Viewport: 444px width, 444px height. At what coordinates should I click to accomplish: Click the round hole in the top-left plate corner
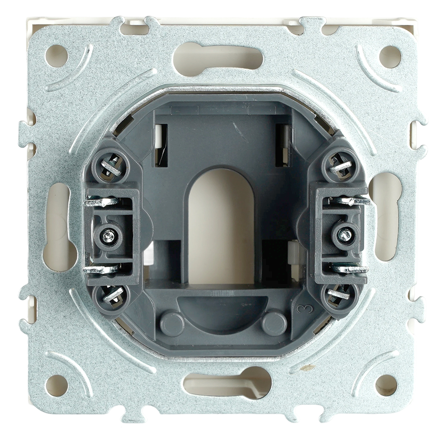[57, 56]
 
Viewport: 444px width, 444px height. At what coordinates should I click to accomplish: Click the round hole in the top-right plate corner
[390, 56]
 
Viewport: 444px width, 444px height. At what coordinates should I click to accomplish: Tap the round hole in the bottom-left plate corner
[57, 385]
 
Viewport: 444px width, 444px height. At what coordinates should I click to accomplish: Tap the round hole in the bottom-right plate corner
[386, 385]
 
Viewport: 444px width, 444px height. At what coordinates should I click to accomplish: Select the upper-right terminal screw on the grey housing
[341, 166]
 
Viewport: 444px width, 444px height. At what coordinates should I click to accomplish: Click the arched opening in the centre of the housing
[221, 226]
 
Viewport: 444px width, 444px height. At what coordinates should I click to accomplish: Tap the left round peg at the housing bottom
[172, 324]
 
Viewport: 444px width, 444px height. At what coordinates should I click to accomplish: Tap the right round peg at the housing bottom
[274, 323]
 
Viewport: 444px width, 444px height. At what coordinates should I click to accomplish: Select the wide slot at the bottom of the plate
[227, 382]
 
